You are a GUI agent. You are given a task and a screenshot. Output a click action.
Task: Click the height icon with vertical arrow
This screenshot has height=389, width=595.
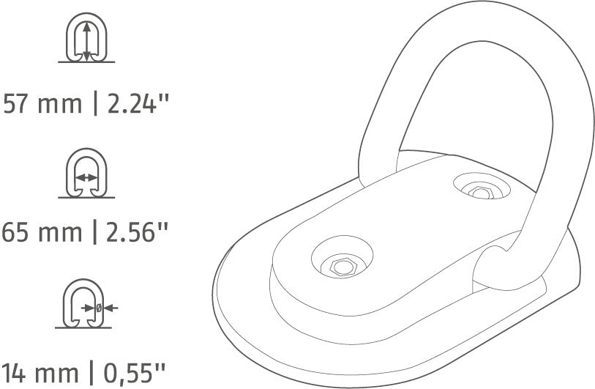point(86,40)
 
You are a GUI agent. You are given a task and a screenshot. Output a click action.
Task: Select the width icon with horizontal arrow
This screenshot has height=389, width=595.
point(86,174)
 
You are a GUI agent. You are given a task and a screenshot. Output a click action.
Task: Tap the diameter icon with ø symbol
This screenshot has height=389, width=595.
point(86,307)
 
